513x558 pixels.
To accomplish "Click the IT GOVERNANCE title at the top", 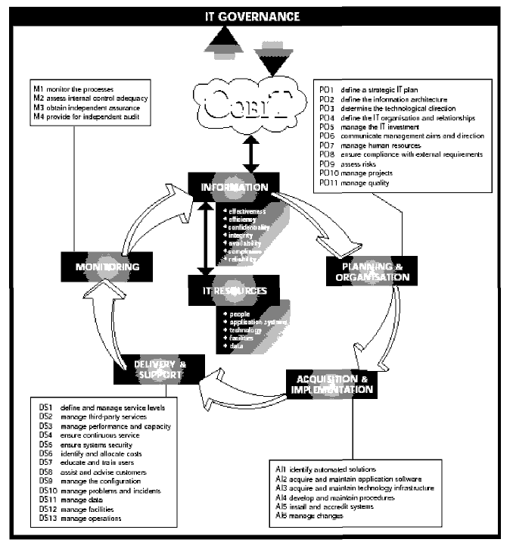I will [x=256, y=15].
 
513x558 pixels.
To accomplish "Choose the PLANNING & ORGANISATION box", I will [x=369, y=272].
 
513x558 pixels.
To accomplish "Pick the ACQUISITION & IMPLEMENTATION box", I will [x=330, y=384].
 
